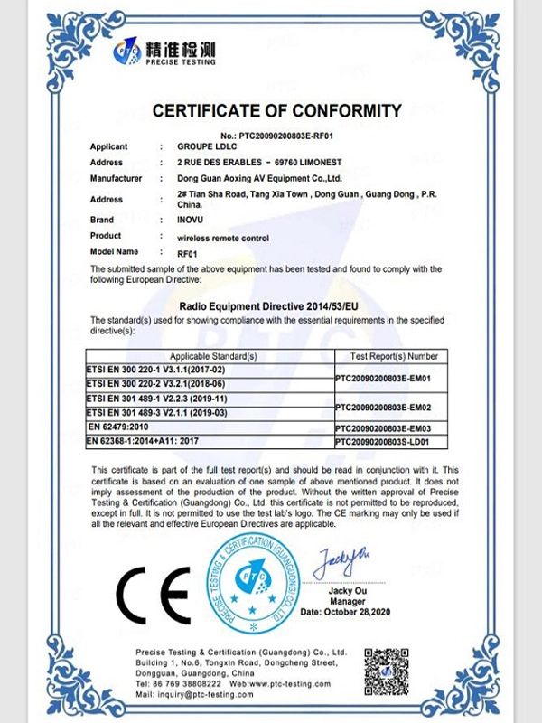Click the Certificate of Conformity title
pyautogui.click(x=276, y=111)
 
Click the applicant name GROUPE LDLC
pyautogui.click(x=207, y=146)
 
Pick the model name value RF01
pyautogui.click(x=187, y=253)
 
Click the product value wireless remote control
pyautogui.click(x=224, y=236)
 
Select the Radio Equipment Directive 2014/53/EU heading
pyautogui.click(x=276, y=308)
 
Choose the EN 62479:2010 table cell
pyautogui.click(x=119, y=425)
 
